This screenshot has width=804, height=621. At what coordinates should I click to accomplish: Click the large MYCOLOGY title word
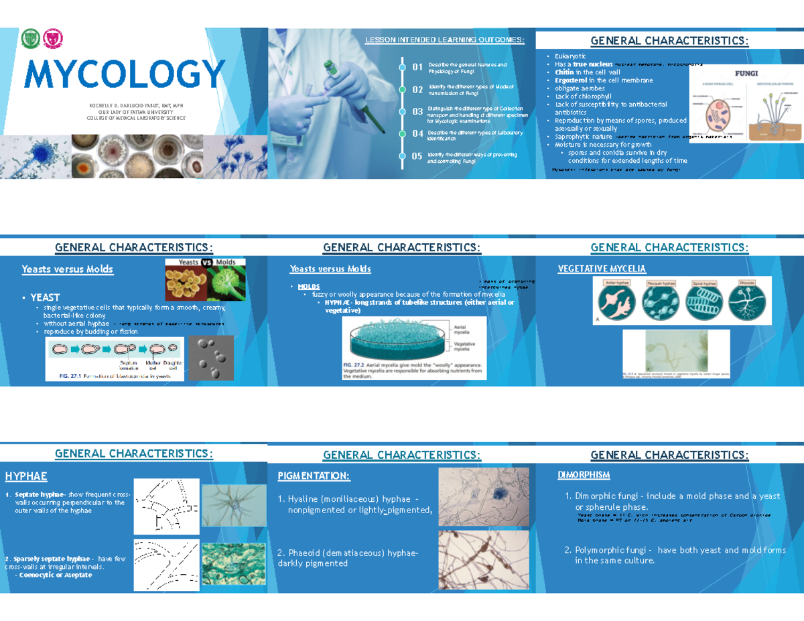tap(125, 74)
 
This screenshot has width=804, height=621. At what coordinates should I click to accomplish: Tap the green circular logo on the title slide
tap(31, 39)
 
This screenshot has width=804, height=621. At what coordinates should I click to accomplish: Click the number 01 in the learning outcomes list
tap(417, 68)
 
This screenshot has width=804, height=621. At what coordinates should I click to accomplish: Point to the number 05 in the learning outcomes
tap(417, 157)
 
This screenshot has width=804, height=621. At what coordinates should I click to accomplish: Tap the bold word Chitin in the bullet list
tap(559, 72)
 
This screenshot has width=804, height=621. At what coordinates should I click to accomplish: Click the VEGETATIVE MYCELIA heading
tap(602, 269)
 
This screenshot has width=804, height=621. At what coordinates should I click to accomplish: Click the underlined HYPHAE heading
tap(26, 476)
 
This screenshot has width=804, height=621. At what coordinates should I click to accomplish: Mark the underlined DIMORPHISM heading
tap(584, 475)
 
